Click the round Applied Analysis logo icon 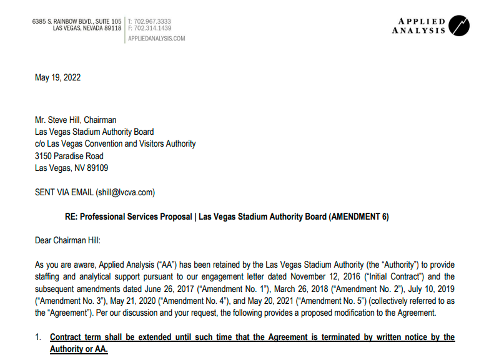(459, 26)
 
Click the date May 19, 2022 (57, 78)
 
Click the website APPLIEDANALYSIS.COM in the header (156, 39)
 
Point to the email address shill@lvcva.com (125, 192)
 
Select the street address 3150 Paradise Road (69, 156)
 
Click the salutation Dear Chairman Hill (67, 240)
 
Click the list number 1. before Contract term (38, 338)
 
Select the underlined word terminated (328, 338)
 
